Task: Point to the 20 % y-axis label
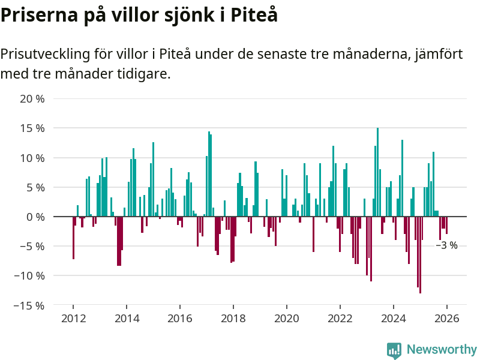coord(32,98)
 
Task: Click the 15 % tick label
coord(32,128)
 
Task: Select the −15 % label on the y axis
coord(30,305)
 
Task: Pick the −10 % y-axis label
coord(30,276)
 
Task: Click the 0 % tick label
coord(35,217)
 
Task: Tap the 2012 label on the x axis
coord(73,319)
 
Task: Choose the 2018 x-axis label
coord(233,319)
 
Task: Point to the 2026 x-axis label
coord(447,319)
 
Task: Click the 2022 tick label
coord(340,319)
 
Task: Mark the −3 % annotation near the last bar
coord(446,245)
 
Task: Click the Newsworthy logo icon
coord(394,350)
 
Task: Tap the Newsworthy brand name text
coord(442,350)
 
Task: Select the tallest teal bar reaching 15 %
coord(377,172)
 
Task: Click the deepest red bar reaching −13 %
coord(420,254)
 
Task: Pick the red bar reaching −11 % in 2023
coord(371,248)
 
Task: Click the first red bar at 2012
coord(73,238)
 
